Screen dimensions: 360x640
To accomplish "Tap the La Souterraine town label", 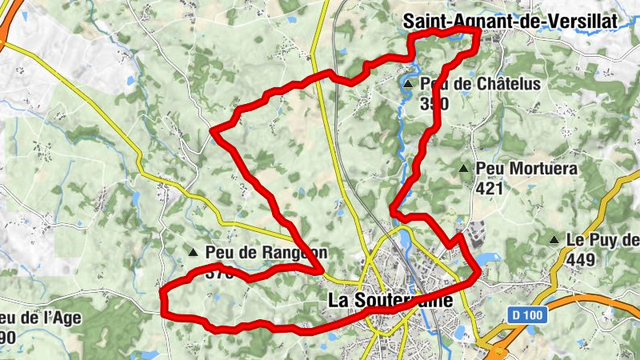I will point(390,301).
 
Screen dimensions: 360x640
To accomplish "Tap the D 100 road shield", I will point(527,316).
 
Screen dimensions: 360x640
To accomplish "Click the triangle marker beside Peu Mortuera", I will point(463,169).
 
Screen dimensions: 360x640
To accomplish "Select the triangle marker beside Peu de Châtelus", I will point(408,83).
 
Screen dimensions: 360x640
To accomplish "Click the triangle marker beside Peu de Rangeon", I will point(192,253).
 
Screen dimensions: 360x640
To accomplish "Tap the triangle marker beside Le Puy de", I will point(554,240).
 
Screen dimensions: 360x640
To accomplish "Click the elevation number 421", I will point(490,189).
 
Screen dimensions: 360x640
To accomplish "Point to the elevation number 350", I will point(434,103).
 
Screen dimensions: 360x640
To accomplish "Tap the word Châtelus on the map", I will point(509,83).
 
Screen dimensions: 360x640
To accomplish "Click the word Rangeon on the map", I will point(291,253).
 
